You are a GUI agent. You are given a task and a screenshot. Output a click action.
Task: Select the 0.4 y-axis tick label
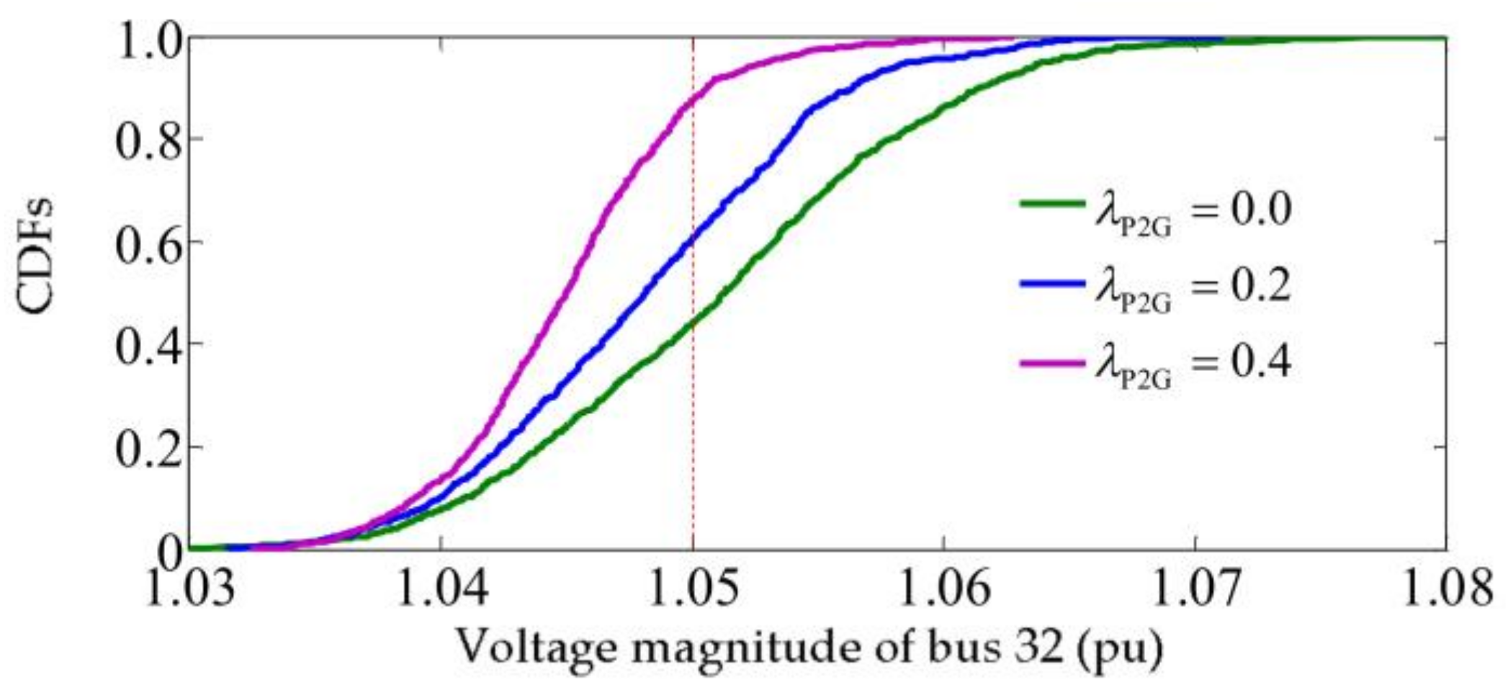pos(147,344)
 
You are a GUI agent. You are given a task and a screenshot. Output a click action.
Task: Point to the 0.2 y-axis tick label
pos(147,447)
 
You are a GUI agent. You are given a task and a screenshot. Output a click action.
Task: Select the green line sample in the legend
pos(1052,204)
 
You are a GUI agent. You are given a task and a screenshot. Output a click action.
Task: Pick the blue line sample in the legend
pos(1052,283)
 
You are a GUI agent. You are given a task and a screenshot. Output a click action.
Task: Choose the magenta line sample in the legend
pos(1052,362)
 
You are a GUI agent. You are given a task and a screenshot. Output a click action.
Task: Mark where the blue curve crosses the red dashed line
pos(693,240)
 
